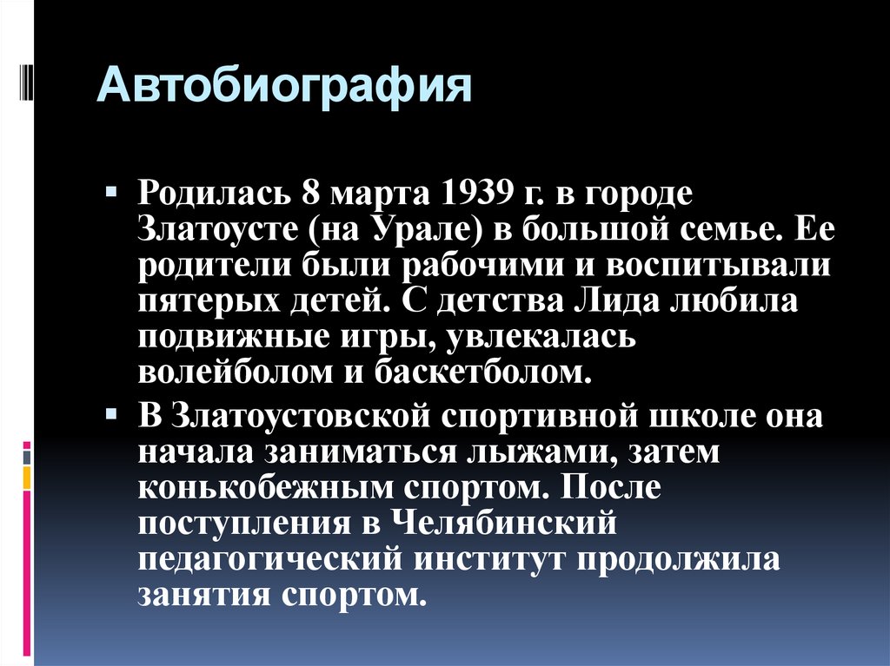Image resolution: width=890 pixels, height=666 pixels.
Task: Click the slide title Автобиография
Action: pyautogui.click(x=284, y=89)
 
